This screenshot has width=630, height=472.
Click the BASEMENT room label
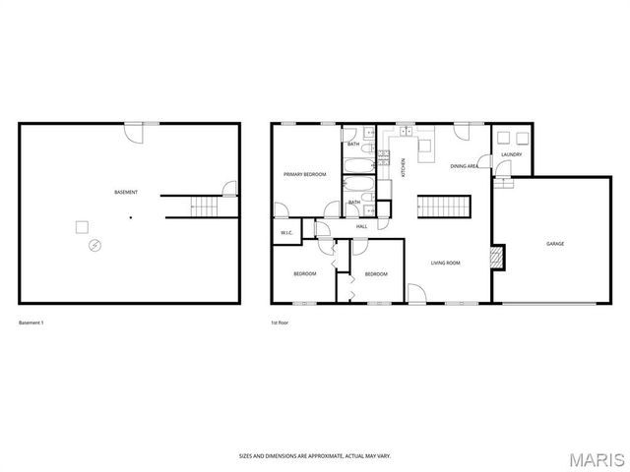[x=126, y=192]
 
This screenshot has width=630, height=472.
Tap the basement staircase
[x=204, y=206]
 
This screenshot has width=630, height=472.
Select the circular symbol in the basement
[x=94, y=244]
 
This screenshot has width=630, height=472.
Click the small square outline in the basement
[x=82, y=227]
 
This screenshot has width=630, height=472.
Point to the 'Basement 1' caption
[x=32, y=323]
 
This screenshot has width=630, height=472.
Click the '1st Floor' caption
[x=280, y=323]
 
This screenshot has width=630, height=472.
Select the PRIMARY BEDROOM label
[x=304, y=174]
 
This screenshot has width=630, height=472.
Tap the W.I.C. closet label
[x=286, y=233]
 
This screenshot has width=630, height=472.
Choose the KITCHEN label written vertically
[x=404, y=168]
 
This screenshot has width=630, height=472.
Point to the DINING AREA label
[x=465, y=167]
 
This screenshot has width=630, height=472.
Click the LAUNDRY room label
[x=511, y=154]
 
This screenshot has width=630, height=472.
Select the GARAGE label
[x=555, y=243]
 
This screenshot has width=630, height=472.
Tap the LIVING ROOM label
[x=446, y=263]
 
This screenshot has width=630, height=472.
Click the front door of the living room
[x=417, y=294]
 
